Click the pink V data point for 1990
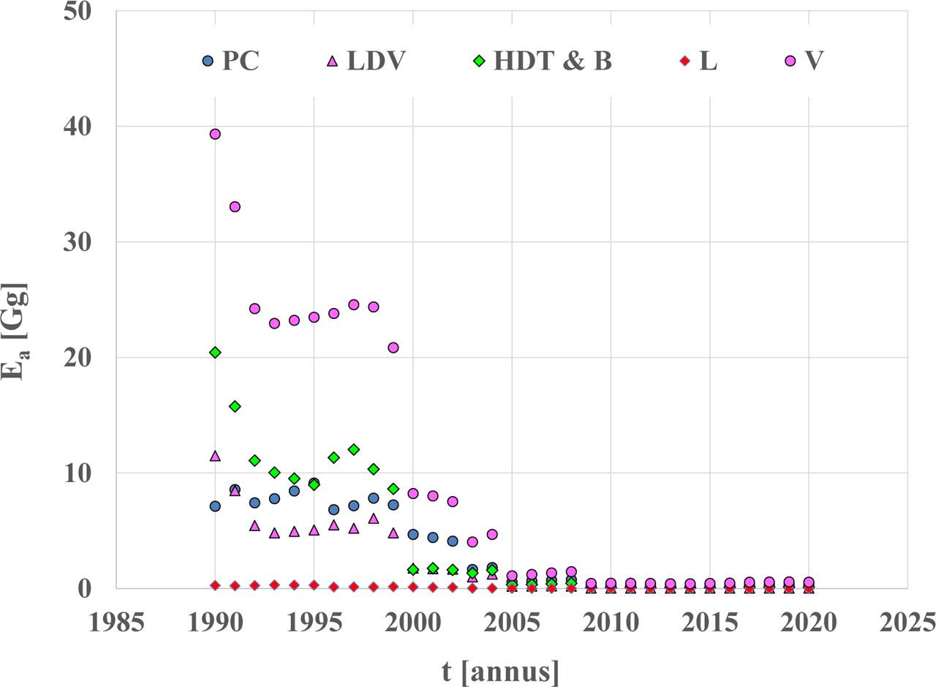pos(215,134)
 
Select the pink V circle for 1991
pos(235,206)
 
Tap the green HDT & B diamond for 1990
pos(215,353)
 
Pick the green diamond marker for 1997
pos(353,449)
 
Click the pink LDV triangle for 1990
pos(215,456)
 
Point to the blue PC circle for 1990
pos(215,506)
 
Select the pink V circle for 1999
pos(393,348)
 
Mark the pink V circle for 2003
pos(472,542)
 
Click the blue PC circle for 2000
pos(413,534)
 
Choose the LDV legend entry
pos(365,61)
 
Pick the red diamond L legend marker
pos(684,61)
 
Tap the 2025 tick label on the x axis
pos(907,623)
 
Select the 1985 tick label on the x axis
pos(116,623)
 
